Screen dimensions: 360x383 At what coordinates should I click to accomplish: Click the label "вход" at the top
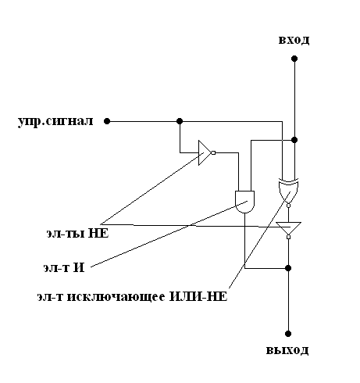294,41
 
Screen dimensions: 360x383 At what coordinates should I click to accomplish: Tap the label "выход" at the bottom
287,350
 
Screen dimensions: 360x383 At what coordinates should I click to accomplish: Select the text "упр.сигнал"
55,122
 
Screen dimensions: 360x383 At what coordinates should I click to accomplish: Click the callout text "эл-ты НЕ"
77,233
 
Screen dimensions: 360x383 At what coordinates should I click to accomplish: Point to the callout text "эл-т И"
64,267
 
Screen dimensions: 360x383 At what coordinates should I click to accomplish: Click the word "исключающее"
116,297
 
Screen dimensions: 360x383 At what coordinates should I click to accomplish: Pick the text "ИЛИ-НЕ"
198,297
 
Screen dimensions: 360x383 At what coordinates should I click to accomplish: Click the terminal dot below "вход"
294,59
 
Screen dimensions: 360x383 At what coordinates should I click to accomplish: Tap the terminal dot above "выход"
288,334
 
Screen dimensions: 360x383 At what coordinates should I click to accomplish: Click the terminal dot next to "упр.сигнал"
107,121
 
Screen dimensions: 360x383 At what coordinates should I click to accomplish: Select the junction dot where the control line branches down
180,121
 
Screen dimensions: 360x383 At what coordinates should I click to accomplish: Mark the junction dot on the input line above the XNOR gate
294,140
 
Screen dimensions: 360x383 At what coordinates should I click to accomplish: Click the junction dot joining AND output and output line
288,268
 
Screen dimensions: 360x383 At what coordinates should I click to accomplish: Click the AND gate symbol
244,202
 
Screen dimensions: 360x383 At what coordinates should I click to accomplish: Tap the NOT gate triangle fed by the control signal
205,152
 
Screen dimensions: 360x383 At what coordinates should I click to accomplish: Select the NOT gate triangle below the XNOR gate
288,228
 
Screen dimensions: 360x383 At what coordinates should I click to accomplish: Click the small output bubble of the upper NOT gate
213,152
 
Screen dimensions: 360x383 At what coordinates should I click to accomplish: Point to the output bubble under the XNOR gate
288,206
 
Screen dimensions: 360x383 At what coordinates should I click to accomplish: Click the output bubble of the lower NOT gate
288,237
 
